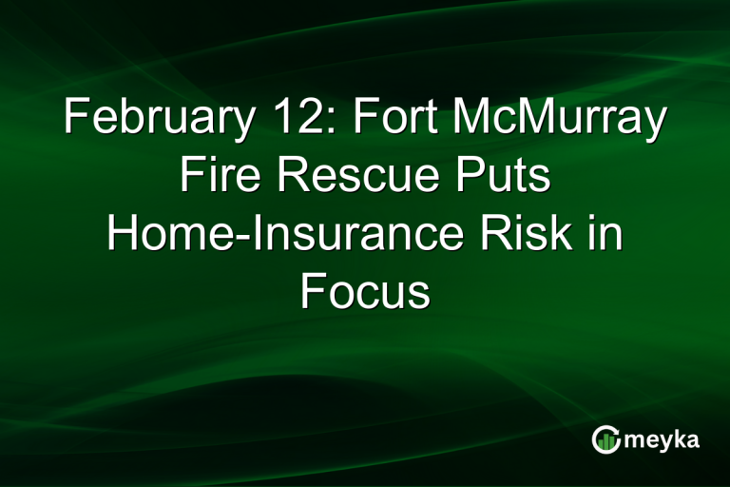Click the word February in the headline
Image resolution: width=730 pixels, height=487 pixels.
tap(152, 123)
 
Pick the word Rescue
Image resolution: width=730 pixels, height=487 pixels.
tap(345, 177)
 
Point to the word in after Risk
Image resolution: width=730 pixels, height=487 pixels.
tap(608, 233)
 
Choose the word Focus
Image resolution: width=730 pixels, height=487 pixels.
tap(365, 289)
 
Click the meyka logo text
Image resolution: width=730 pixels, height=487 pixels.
tap(663, 439)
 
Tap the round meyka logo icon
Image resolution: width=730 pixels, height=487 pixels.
tap(606, 439)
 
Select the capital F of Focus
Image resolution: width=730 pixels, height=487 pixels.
tap(313, 289)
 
